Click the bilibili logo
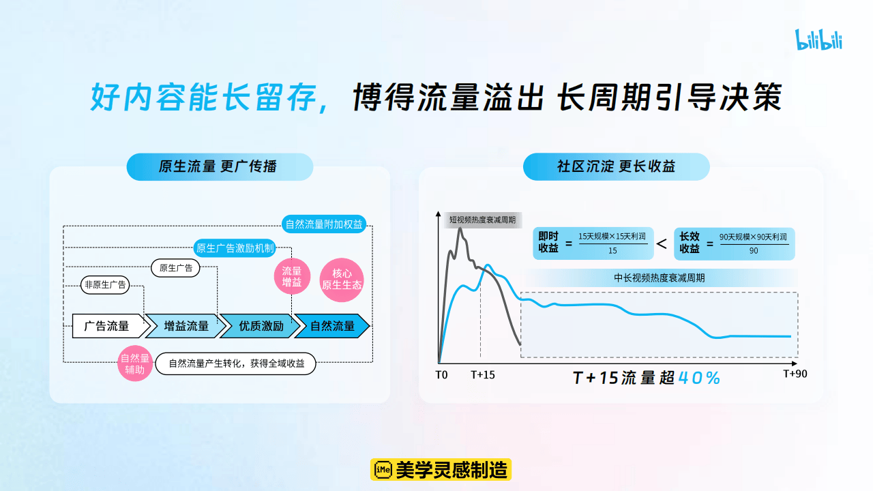[x=818, y=40]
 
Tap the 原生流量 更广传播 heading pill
[x=220, y=166]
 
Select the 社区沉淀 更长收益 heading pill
[x=616, y=166]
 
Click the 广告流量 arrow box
[x=108, y=326]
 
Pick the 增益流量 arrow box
[x=186, y=326]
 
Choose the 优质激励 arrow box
[x=261, y=326]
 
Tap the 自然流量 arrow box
[x=333, y=326]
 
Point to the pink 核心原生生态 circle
[x=342, y=279]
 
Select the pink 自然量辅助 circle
[x=134, y=363]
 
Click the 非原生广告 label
[x=105, y=285]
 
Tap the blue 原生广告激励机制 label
[x=235, y=248]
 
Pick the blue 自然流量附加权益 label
[x=324, y=224]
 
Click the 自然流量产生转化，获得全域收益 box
[x=236, y=363]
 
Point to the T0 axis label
[x=441, y=374]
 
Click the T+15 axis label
[x=483, y=374]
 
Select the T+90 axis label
[x=795, y=373]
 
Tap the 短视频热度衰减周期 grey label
[x=482, y=220]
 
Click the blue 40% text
[x=699, y=378]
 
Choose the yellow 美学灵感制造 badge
[x=441, y=469]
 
